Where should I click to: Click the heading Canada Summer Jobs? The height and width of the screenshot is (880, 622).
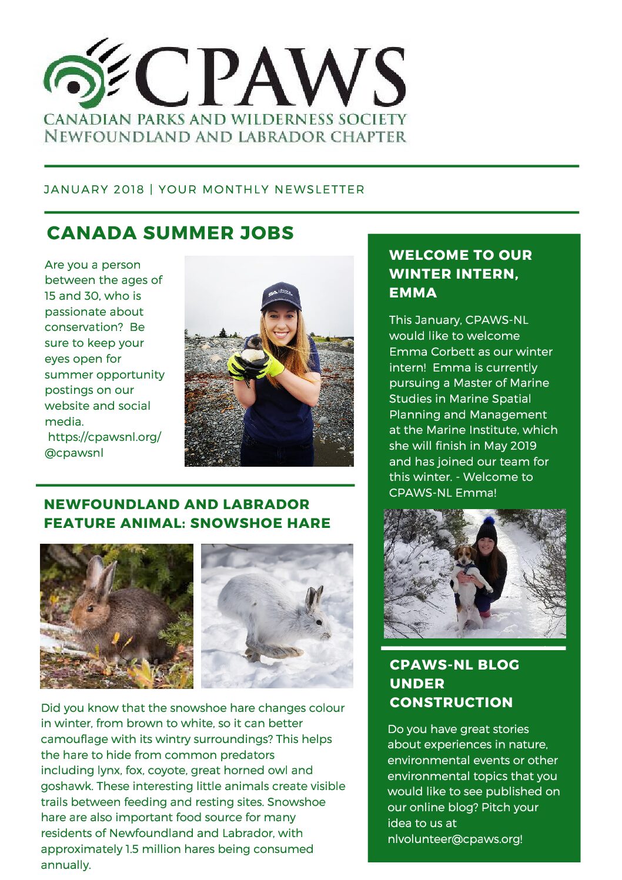coord(170,233)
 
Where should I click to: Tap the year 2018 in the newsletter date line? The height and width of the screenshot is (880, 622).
coord(129,189)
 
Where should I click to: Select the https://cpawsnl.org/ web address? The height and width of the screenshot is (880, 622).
coord(104,437)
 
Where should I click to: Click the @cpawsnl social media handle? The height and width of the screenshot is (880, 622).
coord(74,453)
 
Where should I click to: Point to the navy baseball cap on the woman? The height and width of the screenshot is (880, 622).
coord(281,294)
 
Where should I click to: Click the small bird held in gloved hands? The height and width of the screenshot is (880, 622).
coord(254,351)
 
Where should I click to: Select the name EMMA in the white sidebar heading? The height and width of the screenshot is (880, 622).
coord(413,293)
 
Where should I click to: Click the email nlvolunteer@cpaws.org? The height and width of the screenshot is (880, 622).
coord(454,839)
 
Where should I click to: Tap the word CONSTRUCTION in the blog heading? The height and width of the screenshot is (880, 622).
coord(451,702)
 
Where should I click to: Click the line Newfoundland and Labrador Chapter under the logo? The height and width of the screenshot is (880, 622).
coord(225,137)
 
